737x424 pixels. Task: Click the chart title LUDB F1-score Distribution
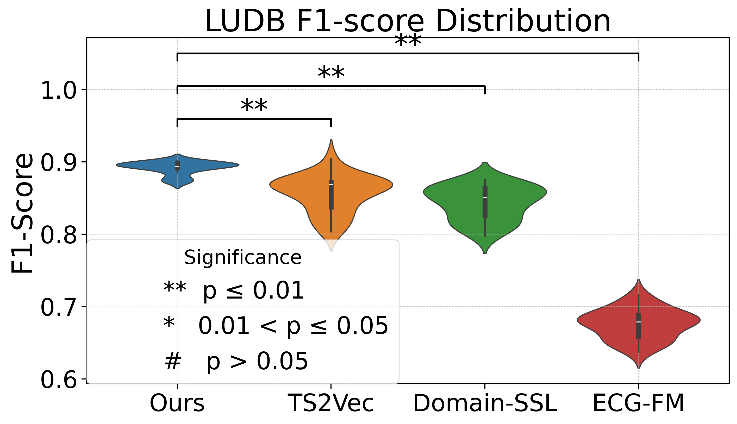tap(408, 21)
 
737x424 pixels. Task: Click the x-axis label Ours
tap(177, 403)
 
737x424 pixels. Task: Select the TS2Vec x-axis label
tap(331, 403)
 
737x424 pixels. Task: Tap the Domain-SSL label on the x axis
tap(485, 403)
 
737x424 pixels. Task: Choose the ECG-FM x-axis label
tap(639, 403)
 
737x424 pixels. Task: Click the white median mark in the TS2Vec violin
tap(331, 184)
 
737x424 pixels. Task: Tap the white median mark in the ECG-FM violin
tap(639, 322)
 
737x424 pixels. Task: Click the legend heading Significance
tap(243, 258)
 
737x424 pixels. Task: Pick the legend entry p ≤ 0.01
tap(253, 291)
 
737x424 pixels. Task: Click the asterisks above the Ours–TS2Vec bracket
tap(254, 106)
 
